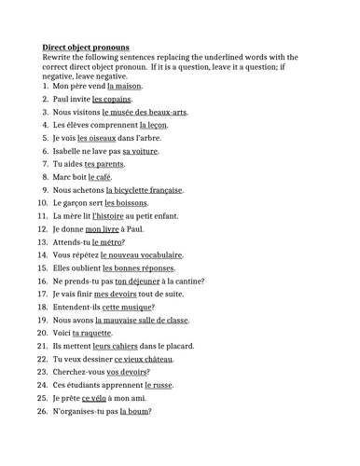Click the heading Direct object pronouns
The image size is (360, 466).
coord(86,47)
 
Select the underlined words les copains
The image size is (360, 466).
coord(112,99)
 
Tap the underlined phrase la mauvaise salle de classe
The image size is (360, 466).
coord(147,321)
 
